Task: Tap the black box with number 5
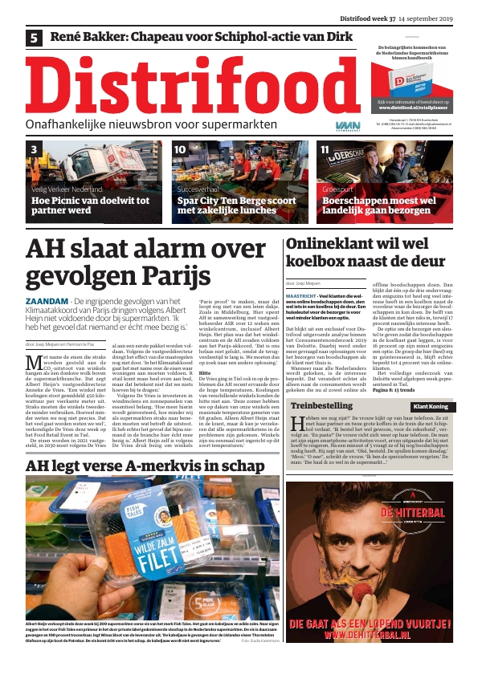click(35, 37)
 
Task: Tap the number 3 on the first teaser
click(34, 149)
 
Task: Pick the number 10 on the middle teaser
click(180, 149)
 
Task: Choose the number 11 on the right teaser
click(325, 149)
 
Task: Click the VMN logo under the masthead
click(344, 126)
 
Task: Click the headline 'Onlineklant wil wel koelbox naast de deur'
click(366, 251)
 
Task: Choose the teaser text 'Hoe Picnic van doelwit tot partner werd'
click(90, 205)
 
